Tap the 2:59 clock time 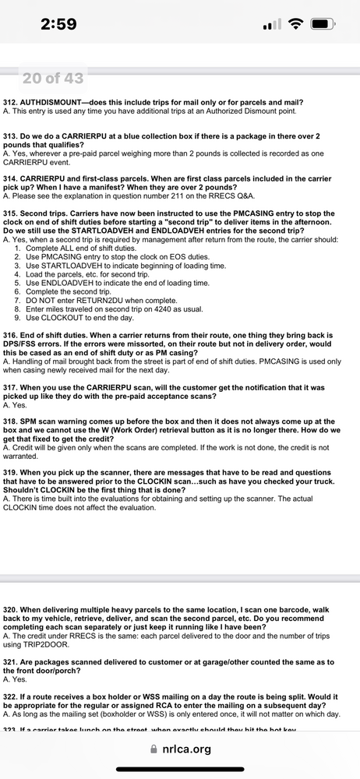coord(58,24)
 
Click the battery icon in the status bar coord(322,24)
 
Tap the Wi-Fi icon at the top coord(295,24)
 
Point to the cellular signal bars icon coord(271,24)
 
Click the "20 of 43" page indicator coord(53,78)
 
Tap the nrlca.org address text coord(188,749)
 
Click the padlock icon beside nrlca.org coord(154,749)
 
